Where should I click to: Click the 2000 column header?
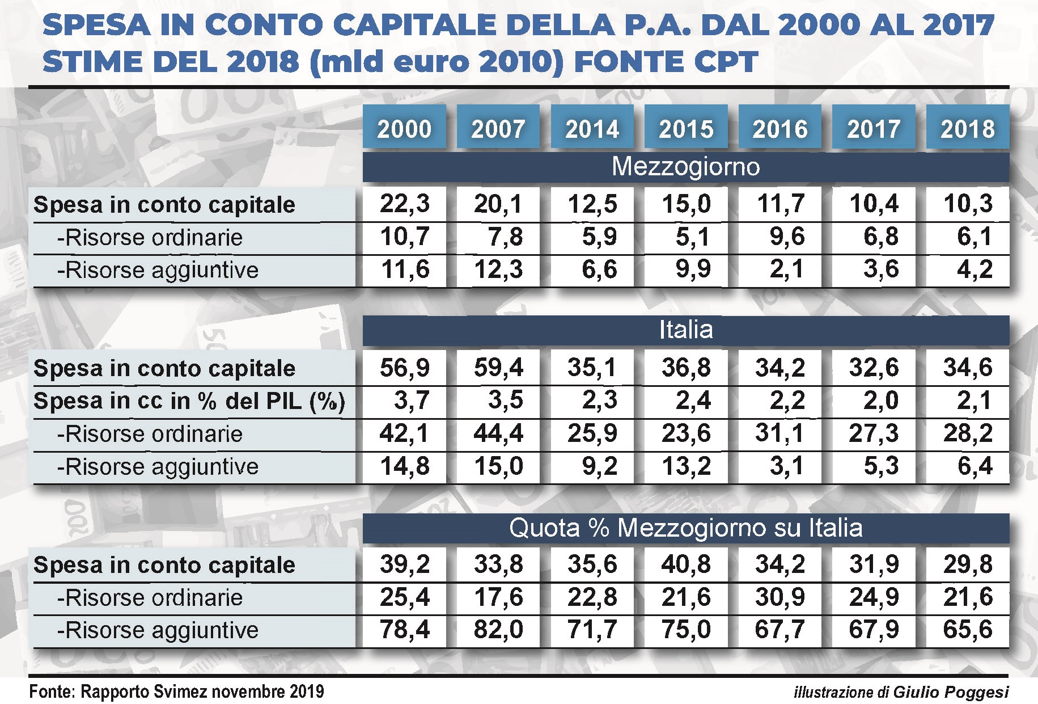[404, 128]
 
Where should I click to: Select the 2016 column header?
[779, 128]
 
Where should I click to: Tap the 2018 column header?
[968, 128]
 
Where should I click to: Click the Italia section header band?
[686, 330]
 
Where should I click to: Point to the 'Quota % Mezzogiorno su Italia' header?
[686, 528]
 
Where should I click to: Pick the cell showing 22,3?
[405, 204]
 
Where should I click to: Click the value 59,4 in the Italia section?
[498, 368]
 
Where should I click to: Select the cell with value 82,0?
[498, 630]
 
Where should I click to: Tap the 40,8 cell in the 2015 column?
[686, 564]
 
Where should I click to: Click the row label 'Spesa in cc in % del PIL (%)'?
[189, 402]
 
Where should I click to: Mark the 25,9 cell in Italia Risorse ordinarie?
[592, 433]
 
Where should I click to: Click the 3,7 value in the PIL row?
[412, 401]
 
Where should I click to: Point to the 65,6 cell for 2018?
[968, 630]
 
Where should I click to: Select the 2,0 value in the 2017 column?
[881, 401]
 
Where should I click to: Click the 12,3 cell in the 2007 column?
[498, 269]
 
